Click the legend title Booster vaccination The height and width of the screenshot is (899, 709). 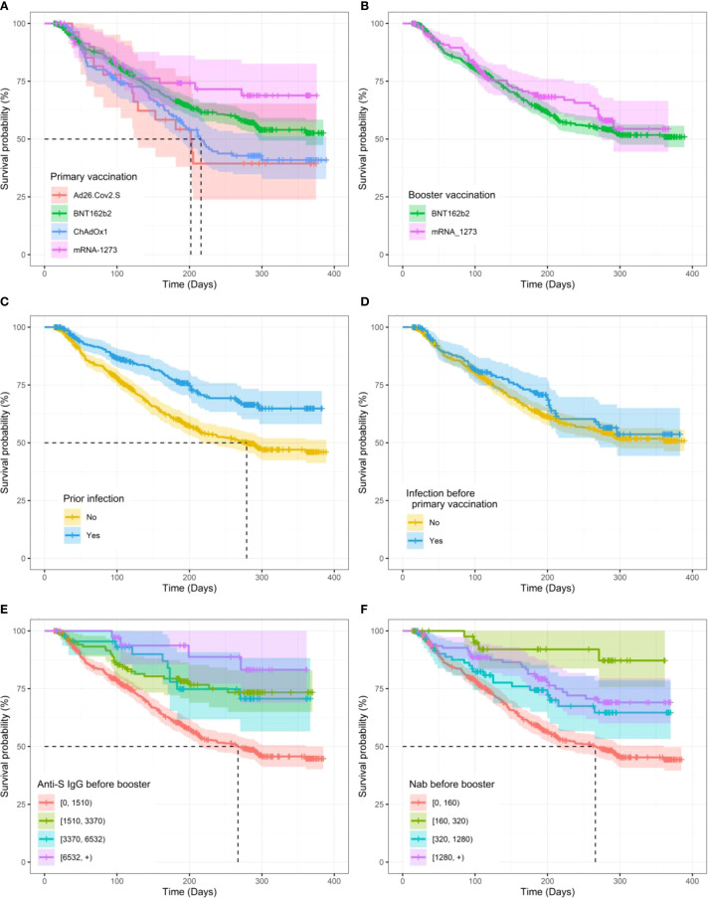point(451,195)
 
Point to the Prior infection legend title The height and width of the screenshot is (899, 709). point(93,499)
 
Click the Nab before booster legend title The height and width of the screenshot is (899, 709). point(451,784)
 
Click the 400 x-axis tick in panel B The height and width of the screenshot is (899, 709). point(692,273)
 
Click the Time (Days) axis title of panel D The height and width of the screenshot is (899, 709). point(547,588)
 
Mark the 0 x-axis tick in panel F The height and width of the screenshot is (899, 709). point(403,881)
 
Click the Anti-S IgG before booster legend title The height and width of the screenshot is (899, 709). point(94,784)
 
